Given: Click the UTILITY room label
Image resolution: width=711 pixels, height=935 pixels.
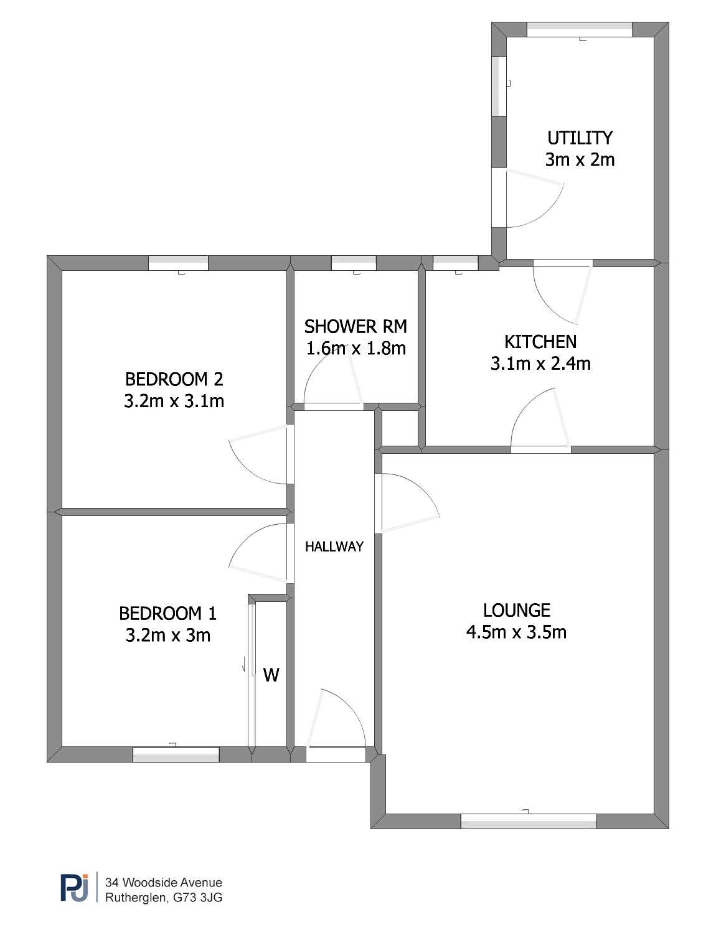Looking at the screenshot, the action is click(580, 138).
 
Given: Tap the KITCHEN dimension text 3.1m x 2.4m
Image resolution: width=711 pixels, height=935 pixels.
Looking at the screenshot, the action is click(540, 364).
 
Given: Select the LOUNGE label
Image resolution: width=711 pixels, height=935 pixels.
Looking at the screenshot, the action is click(516, 611).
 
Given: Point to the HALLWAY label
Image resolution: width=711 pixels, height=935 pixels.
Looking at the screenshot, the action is click(334, 547).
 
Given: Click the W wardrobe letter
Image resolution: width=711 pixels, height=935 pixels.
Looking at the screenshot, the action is click(271, 675).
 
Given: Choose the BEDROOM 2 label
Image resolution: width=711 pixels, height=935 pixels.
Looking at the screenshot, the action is click(174, 379).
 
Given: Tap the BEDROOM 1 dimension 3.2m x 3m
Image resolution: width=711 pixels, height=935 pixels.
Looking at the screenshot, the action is click(168, 635).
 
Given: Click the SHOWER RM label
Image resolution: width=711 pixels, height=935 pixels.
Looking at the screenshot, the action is click(355, 327).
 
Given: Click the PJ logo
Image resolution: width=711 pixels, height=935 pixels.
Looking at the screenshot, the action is click(74, 888).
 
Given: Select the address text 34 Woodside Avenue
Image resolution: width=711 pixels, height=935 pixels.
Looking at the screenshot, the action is click(164, 882).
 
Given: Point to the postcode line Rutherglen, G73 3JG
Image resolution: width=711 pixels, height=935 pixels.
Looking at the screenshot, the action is click(164, 898).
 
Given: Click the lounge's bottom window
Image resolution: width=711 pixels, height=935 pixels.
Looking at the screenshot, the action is click(528, 821).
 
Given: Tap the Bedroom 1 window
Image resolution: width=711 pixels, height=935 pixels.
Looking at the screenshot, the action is click(176, 754).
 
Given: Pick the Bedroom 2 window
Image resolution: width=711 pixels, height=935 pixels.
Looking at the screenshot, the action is click(178, 263).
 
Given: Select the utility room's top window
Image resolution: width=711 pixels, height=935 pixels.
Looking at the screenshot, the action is click(580, 29).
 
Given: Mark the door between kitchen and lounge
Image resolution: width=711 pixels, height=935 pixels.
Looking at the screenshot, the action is click(540, 420).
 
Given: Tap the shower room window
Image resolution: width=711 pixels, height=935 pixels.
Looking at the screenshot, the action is click(354, 263).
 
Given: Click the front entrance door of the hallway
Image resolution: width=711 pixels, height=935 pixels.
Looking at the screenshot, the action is click(336, 724).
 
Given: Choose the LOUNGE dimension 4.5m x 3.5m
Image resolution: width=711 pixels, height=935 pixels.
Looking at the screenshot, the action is click(516, 632).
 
